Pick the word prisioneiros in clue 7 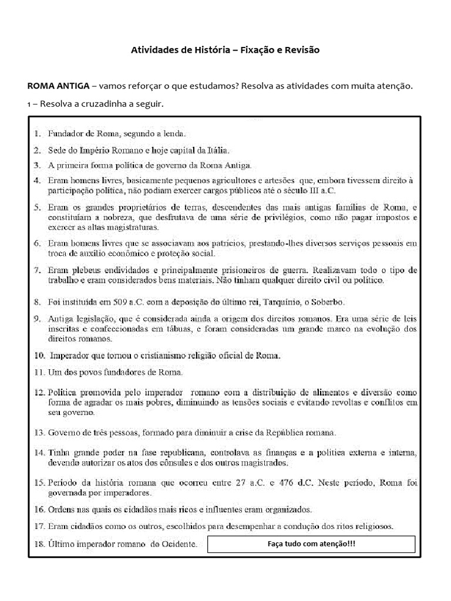pyautogui.click(x=271, y=270)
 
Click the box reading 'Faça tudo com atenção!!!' pyautogui.click(x=312, y=544)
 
